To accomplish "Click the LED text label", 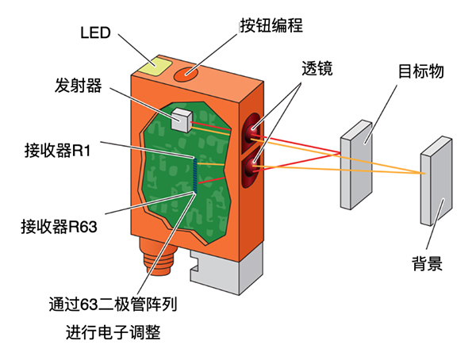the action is pos(95,33).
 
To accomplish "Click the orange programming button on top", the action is pos(186,74).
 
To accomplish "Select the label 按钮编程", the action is pos(271,25).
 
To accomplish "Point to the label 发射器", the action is pos(79,86).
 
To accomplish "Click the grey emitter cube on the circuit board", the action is pos(182,121).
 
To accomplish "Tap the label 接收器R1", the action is pos(57,150).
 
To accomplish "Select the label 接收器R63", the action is pos(59,227).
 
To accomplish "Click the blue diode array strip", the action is pos(195,175).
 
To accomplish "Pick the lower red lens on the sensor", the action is pos(252,168).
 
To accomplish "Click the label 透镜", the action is pos(317,69).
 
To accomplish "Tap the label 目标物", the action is pos(420,71).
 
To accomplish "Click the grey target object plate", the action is pos(356,165).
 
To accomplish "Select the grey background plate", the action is pos(436,181).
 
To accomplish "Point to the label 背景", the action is pos(427,263).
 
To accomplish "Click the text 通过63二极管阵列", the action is pos(113,304).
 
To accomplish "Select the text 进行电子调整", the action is pos(113,332).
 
